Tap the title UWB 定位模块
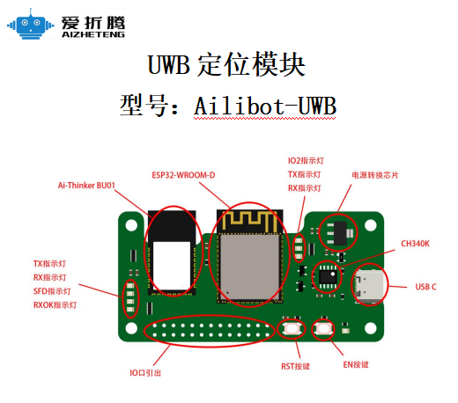(x=228, y=66)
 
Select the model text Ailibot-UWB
(x=266, y=106)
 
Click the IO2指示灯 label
(x=306, y=161)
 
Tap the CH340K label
(x=415, y=243)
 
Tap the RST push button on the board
(x=291, y=331)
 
